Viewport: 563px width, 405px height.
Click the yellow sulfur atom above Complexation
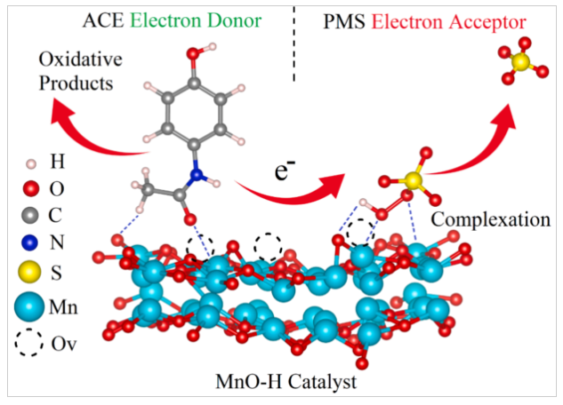pyautogui.click(x=412, y=180)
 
